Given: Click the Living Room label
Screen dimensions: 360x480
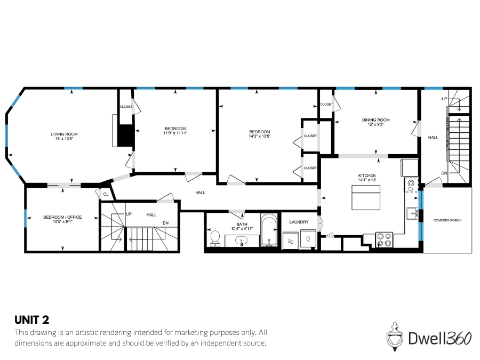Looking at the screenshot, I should point(65,134).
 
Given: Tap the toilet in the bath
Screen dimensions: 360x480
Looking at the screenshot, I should point(215,238).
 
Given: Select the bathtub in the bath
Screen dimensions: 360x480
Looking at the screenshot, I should point(269,230).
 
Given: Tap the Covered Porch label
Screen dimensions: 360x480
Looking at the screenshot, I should point(447,220).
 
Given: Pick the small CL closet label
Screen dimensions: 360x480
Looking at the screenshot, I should point(106,194).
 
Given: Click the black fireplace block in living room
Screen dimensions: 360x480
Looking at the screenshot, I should point(125,135).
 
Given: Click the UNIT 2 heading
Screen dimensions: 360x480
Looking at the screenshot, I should point(31,320).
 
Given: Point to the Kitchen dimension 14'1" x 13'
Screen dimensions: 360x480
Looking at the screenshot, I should point(367,180).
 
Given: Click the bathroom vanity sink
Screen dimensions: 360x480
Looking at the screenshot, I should point(243,241).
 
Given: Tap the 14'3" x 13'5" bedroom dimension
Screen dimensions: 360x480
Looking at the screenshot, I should point(260,137).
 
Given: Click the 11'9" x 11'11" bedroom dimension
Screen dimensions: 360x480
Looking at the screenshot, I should point(175,133).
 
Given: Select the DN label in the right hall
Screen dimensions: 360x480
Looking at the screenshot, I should point(444,173).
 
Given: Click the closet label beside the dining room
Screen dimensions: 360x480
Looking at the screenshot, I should point(326,104).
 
